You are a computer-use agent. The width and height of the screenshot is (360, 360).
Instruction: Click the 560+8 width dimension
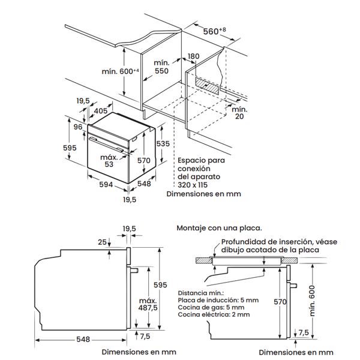(213, 31)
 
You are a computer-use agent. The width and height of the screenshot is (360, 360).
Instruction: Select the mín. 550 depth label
(162, 67)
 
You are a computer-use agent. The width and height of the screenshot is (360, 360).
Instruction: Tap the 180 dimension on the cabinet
(193, 56)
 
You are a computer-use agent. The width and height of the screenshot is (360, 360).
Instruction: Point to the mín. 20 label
(239, 112)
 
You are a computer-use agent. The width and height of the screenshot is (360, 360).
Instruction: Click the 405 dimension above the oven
(101, 110)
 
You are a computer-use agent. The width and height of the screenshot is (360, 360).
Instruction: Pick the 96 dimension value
(78, 127)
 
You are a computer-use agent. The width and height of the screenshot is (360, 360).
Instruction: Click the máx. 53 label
(109, 160)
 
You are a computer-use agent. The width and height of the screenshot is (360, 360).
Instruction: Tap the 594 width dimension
(106, 185)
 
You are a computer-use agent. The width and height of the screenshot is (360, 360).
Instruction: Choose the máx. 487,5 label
(147, 304)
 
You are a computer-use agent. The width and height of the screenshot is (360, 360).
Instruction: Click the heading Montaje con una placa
(219, 228)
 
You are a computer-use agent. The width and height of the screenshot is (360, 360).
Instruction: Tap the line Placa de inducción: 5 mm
(218, 299)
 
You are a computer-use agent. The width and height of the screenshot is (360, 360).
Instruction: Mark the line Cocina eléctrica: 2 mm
(214, 314)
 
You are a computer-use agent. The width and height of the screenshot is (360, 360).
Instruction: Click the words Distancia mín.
(199, 292)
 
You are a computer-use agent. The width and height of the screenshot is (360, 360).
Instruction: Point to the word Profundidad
(238, 242)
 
